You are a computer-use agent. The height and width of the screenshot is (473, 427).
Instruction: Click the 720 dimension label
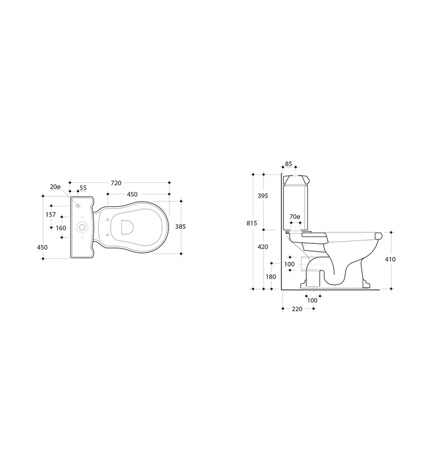click(x=116, y=183)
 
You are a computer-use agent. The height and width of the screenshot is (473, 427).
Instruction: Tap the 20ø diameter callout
click(x=55, y=187)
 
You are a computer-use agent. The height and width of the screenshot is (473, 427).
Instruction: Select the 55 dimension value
click(x=83, y=188)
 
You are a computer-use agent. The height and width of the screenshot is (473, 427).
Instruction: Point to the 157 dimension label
click(x=51, y=215)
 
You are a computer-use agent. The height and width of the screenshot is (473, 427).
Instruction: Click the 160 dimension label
click(x=61, y=228)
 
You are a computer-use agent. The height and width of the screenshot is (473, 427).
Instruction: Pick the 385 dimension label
click(x=180, y=227)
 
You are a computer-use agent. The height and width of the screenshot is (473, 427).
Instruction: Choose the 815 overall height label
click(x=252, y=223)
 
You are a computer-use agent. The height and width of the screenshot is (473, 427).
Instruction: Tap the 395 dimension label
click(x=263, y=196)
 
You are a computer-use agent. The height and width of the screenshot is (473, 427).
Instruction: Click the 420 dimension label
click(x=263, y=247)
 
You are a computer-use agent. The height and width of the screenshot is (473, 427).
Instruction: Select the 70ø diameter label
click(x=295, y=217)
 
